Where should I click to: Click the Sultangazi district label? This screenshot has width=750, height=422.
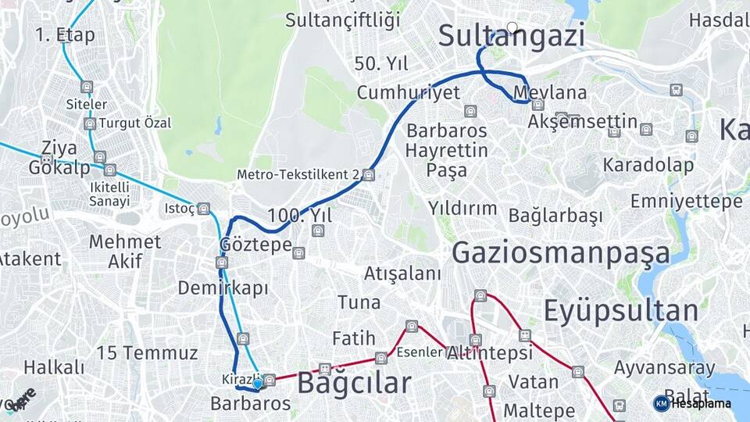click(511, 36)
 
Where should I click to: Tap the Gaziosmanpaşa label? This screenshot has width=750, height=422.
click(560, 253)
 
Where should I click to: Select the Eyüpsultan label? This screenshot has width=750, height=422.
click(620, 310)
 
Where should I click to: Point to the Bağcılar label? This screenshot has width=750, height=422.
click(354, 383)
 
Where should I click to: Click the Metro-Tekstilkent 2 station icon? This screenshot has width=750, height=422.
click(369, 175)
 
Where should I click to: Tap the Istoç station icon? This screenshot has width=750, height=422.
click(204, 209)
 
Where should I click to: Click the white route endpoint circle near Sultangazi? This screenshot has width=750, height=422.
click(512, 27)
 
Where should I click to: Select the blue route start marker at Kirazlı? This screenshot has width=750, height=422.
click(257, 384)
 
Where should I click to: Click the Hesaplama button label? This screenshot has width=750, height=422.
click(701, 403)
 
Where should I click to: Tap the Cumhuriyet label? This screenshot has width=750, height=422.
click(408, 92)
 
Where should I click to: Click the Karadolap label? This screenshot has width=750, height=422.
click(648, 165)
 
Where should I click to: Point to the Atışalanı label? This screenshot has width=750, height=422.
click(402, 274)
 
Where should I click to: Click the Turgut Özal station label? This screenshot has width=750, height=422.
click(134, 123)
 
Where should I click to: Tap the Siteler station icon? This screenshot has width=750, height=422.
click(86, 87)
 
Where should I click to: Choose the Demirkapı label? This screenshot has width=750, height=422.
click(223, 288)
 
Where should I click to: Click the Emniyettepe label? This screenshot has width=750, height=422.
click(687, 201)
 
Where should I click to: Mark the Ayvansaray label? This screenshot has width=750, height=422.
click(664, 367)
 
